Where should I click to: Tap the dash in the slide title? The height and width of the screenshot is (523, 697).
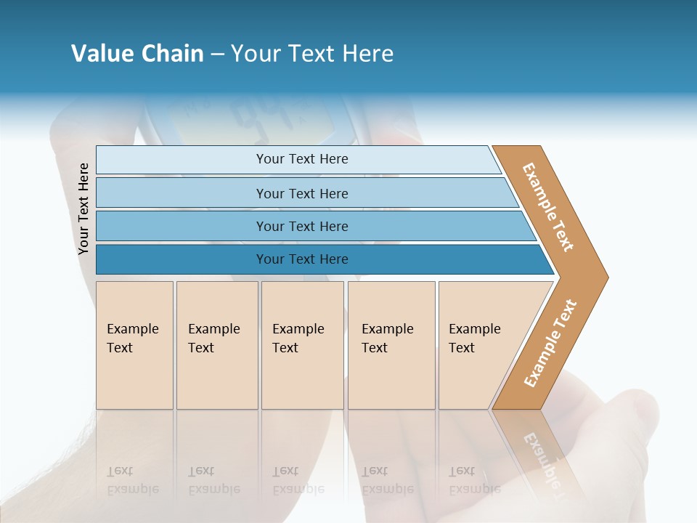pyautogui.click(x=218, y=54)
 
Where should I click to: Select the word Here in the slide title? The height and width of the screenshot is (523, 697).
pyautogui.click(x=367, y=54)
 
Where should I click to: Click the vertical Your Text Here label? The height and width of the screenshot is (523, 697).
pyautogui.click(x=83, y=208)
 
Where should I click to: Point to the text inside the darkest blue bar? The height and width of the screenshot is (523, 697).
pyautogui.click(x=302, y=259)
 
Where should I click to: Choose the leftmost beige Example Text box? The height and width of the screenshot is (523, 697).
pyautogui.click(x=134, y=345)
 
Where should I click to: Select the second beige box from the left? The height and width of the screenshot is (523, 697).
pyautogui.click(x=217, y=345)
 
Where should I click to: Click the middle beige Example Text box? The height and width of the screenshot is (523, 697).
pyautogui.click(x=302, y=345)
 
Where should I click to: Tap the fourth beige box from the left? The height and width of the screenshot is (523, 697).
pyautogui.click(x=391, y=345)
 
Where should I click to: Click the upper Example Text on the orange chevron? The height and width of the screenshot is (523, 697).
pyautogui.click(x=548, y=207)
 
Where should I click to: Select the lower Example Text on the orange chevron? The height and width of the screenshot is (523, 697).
pyautogui.click(x=550, y=344)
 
